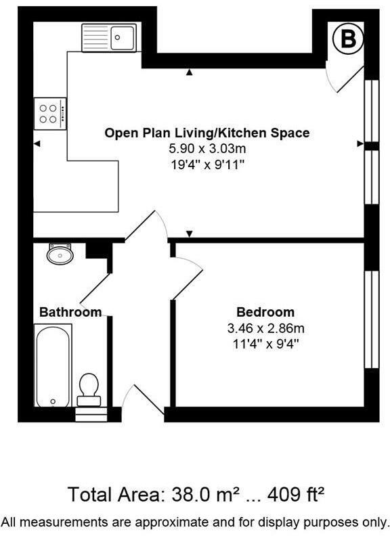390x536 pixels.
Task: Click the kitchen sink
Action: [109, 37]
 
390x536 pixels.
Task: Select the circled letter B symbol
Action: [347, 40]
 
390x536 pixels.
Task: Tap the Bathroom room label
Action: [70, 312]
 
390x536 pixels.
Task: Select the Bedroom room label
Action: [265, 312]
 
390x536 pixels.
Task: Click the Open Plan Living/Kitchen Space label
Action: [207, 133]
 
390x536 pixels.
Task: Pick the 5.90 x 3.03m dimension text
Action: [207, 149]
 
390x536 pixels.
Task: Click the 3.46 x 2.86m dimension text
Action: [265, 328]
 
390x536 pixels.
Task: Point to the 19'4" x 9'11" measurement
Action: [207, 164]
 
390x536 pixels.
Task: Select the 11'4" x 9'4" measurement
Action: [265, 344]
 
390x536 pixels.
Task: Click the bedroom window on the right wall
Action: [371, 319]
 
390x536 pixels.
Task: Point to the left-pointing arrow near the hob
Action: [37, 143]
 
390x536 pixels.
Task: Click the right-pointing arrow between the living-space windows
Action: [360, 143]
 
